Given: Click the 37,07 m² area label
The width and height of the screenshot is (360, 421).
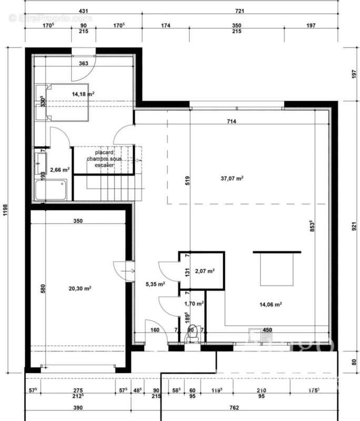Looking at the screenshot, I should (232, 178).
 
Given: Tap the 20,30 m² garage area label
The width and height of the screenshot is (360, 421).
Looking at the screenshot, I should (80, 288).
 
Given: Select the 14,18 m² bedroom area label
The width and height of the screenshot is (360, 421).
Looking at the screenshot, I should (83, 94).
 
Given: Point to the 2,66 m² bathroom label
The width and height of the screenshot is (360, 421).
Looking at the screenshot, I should (59, 170).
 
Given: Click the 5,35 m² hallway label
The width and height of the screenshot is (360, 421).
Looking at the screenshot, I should (155, 284).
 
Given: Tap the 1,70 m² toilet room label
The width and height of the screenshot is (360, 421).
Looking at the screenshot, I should (194, 304).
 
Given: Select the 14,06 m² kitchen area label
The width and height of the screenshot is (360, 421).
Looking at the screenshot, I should (271, 304).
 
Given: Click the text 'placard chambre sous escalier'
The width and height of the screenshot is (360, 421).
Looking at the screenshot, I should (104, 158).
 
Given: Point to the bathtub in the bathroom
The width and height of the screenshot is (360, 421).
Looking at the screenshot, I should (51, 189).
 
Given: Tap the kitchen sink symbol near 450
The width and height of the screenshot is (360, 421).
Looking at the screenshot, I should (255, 334).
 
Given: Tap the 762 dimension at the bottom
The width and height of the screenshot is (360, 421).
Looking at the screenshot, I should (234, 408).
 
